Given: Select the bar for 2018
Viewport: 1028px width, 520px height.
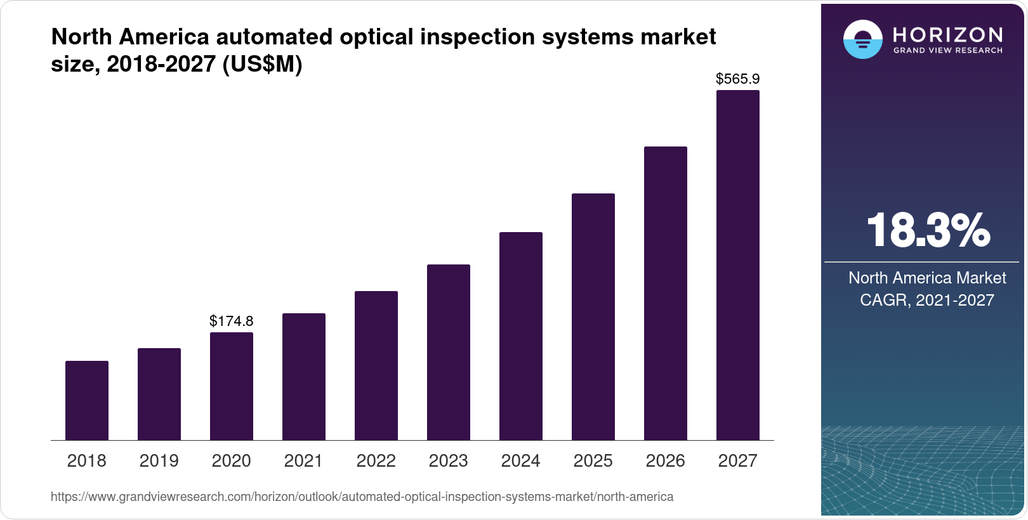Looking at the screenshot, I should [x=87, y=400].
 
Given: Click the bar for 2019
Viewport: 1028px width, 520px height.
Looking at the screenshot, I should [x=159, y=394].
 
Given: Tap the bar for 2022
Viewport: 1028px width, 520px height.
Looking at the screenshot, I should [x=376, y=365].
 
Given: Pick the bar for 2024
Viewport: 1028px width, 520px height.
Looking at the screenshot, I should [x=521, y=336].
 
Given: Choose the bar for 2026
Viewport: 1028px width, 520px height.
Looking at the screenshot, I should [x=666, y=293].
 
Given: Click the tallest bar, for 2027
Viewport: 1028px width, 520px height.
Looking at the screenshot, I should [x=738, y=265].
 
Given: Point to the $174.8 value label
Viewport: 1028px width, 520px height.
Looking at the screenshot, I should [x=232, y=321].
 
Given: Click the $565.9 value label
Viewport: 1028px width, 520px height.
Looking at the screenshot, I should [x=738, y=79].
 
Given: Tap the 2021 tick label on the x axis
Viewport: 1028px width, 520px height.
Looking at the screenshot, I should [x=304, y=460].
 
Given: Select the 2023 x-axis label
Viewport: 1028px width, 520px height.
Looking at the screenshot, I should [x=449, y=460].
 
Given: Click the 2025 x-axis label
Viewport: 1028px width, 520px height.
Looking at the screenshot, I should [x=593, y=460].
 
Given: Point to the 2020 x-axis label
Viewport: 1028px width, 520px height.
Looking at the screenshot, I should [x=232, y=460].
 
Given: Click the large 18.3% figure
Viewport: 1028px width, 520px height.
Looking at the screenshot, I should [x=928, y=230].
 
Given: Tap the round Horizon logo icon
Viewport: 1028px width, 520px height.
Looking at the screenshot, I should [x=862, y=39].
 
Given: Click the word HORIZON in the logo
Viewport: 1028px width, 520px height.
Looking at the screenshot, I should [x=948, y=34].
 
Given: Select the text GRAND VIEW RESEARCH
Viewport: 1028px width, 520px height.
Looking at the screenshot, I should [x=948, y=51].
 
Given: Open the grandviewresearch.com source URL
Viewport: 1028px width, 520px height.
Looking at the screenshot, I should [x=362, y=497].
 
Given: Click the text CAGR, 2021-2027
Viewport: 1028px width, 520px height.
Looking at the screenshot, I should [x=927, y=300].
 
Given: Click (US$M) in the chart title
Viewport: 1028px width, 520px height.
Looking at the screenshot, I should [x=262, y=65].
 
